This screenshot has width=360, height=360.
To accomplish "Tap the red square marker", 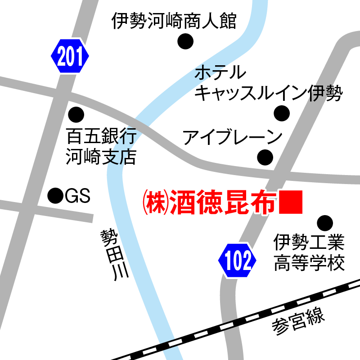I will (291, 202).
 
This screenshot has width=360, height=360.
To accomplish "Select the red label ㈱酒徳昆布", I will (209, 202).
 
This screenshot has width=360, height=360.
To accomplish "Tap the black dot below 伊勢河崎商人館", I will (185, 42).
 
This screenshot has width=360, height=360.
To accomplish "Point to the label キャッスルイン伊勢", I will (269, 93).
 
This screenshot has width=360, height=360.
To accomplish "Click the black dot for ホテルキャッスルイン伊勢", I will (282, 113).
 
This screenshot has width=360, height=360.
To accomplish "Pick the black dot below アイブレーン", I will (265, 157).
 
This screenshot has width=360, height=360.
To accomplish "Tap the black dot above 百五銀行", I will (76, 114).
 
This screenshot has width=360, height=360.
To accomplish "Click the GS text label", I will (78, 196).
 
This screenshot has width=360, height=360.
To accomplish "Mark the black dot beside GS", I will (55, 195).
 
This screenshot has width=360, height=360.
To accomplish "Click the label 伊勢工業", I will (309, 243).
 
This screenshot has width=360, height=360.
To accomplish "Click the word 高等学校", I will (309, 263).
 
